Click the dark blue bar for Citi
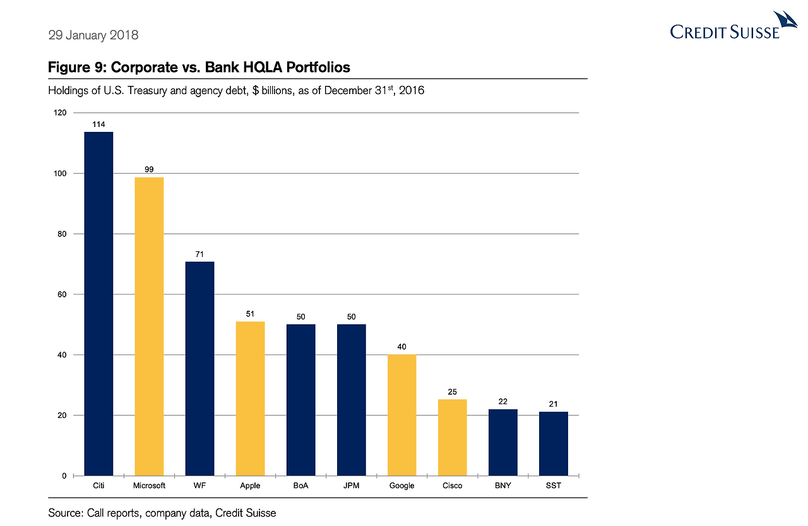pyautogui.click(x=98, y=303)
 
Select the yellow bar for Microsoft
pyautogui.click(x=149, y=326)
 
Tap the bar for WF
pyautogui.click(x=199, y=368)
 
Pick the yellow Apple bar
pyautogui.click(x=250, y=398)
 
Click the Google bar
pyautogui.click(x=401, y=415)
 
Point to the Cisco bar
pyautogui.click(x=452, y=437)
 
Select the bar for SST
pyautogui.click(x=553, y=443)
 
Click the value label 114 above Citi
pyautogui.click(x=98, y=124)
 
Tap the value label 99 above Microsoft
pyautogui.click(x=149, y=169)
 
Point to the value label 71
pyautogui.click(x=199, y=254)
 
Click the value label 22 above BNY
pyautogui.click(x=502, y=402)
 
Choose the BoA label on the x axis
pyautogui.click(x=300, y=486)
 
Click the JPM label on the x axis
pyautogui.click(x=351, y=486)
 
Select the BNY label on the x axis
pyautogui.click(x=502, y=486)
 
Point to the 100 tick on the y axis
pyautogui.click(x=60, y=174)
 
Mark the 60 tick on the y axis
pyautogui.click(x=62, y=294)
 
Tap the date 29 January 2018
pyautogui.click(x=93, y=35)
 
